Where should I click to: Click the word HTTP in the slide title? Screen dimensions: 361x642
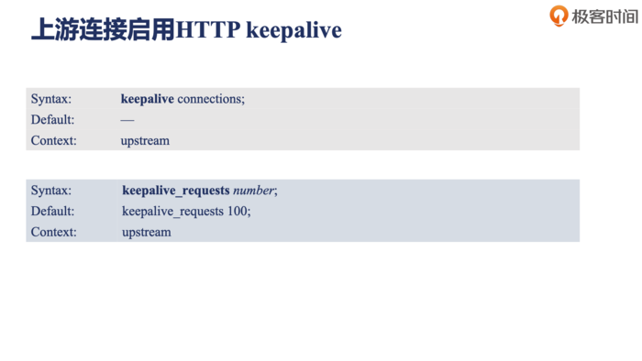click(207, 29)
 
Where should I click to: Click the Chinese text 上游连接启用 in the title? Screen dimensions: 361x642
click(103, 29)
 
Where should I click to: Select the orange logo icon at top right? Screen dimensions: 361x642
click(559, 16)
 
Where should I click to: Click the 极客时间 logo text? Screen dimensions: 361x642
click(604, 16)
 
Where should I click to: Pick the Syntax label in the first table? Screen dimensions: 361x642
click(50, 98)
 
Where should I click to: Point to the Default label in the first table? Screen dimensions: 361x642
click(52, 119)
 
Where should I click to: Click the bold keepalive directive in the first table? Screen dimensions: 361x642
click(147, 98)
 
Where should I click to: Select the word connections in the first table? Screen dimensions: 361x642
click(211, 98)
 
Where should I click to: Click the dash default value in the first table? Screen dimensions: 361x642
click(127, 120)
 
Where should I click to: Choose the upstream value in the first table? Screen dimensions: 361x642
click(145, 141)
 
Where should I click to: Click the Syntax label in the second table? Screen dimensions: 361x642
click(50, 190)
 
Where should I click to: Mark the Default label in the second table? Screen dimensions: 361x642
click(52, 211)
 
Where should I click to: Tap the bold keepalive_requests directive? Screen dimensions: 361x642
click(176, 190)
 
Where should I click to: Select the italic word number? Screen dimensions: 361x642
click(253, 190)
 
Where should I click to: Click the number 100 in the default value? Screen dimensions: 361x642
click(238, 211)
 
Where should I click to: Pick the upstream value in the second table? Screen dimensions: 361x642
click(146, 232)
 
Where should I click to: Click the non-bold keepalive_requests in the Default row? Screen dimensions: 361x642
click(173, 211)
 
